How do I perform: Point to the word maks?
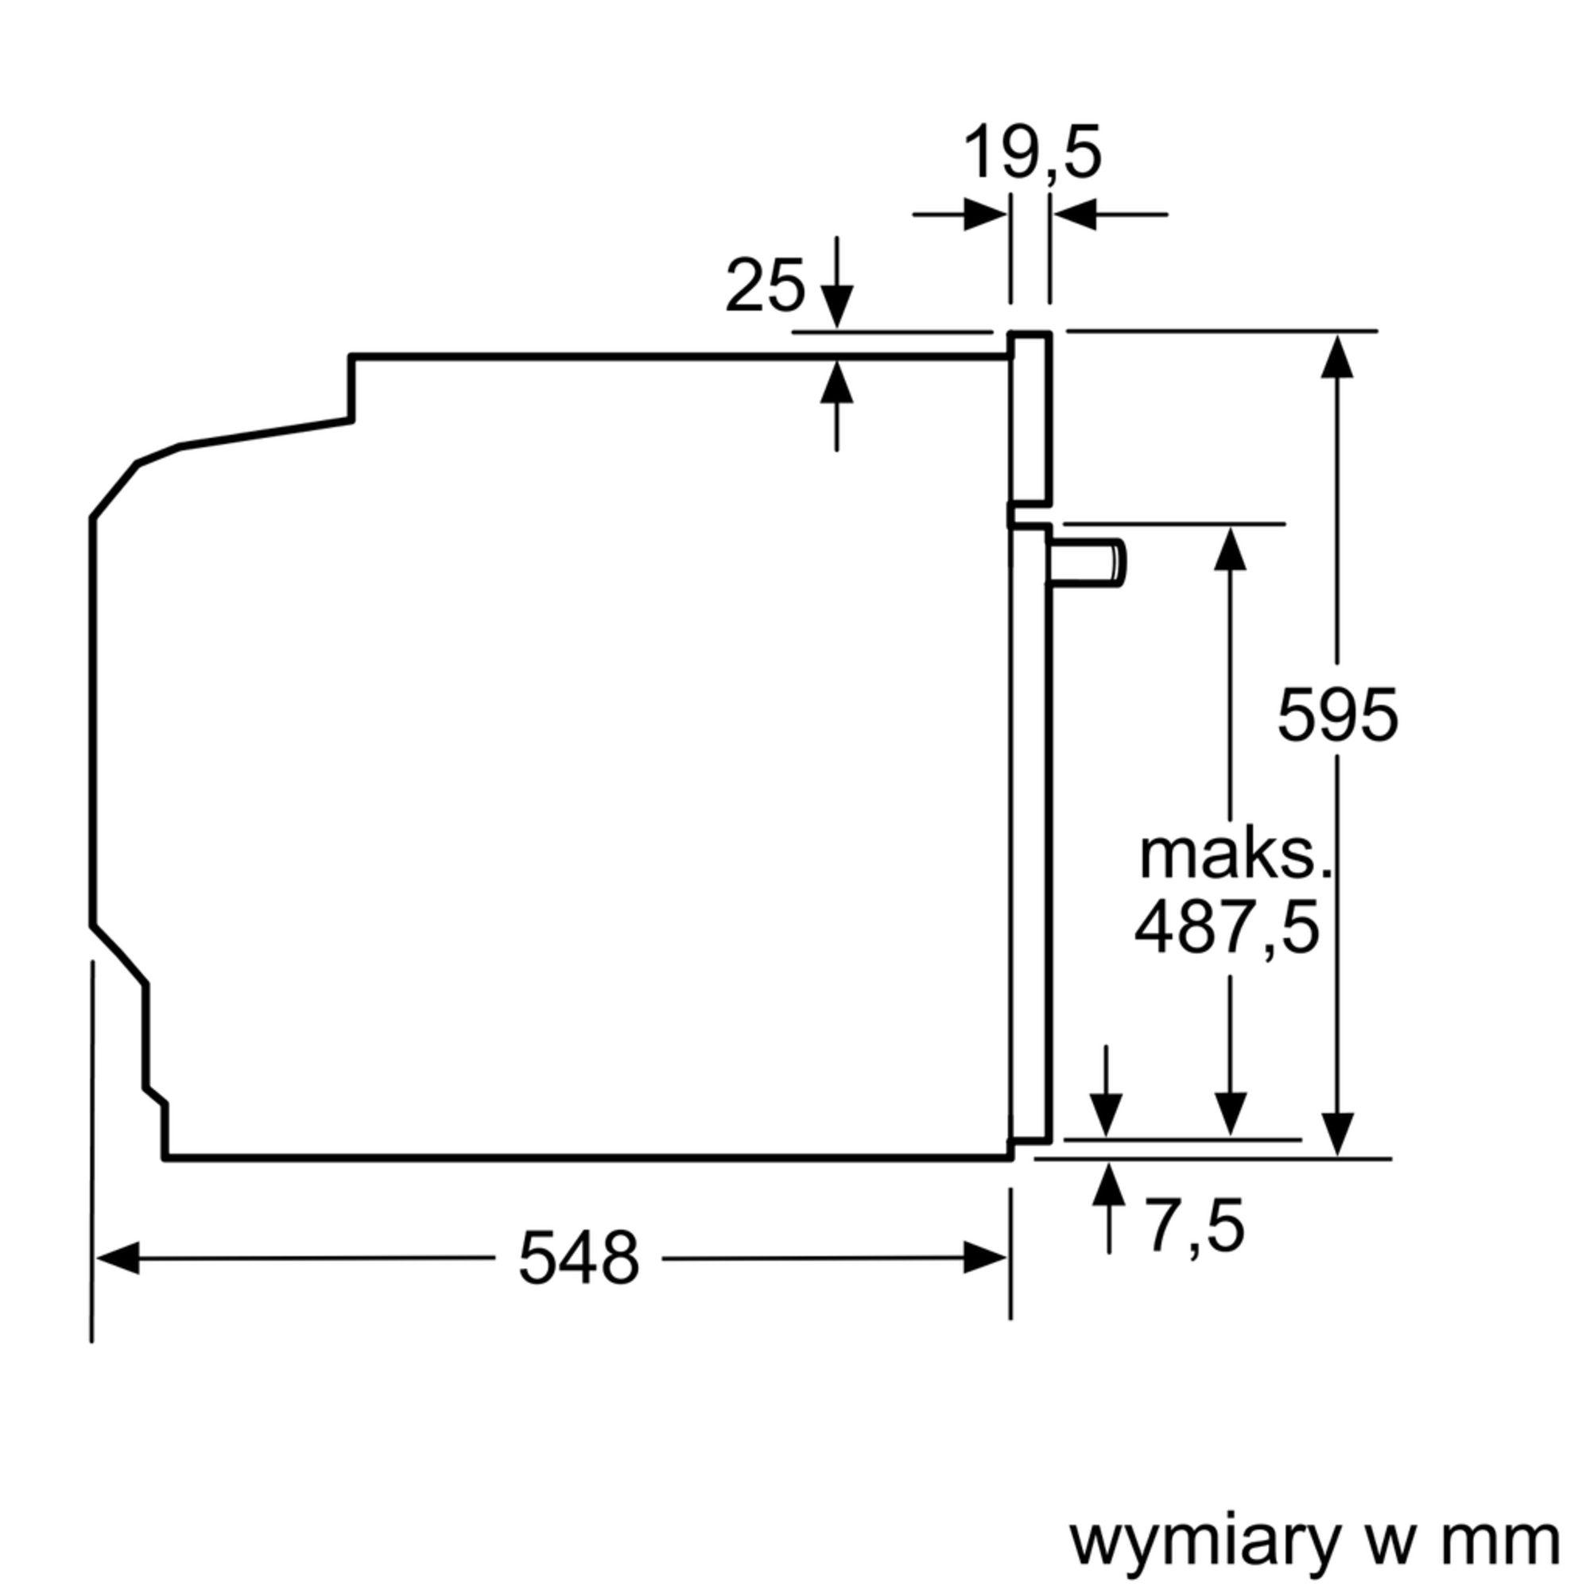coord(1235,857)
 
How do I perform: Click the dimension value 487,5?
coord(1227,928)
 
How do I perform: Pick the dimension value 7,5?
coord(1196,1227)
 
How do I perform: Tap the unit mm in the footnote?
coord(1506,1520)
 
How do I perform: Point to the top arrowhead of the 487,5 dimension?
coord(1231,547)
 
